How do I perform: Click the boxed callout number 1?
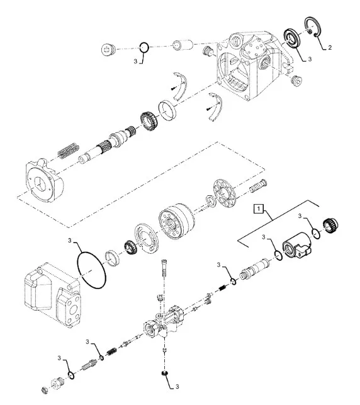click(x=259, y=208)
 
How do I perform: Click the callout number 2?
click(x=330, y=47)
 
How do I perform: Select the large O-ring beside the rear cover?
click(x=91, y=270)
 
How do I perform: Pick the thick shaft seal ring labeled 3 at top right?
click(x=291, y=39)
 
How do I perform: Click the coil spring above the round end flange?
click(x=68, y=150)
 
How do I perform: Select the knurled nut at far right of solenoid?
click(x=330, y=225)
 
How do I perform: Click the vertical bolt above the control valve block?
click(x=164, y=268)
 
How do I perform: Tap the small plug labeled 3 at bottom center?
click(x=164, y=374)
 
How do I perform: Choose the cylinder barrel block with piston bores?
click(x=176, y=222)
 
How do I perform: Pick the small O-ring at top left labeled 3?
click(x=143, y=47)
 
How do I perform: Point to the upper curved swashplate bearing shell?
click(x=181, y=86)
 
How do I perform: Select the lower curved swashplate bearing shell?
click(x=216, y=106)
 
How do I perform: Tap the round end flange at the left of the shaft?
click(x=45, y=180)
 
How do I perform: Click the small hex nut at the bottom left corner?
click(x=45, y=390)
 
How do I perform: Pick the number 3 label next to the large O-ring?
click(x=69, y=241)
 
